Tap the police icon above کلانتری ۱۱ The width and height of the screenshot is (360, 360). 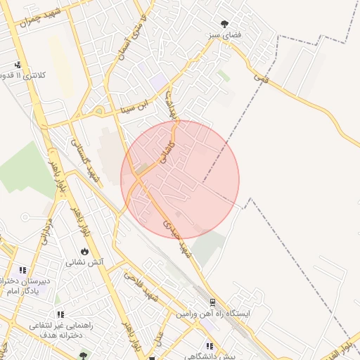(17, 64)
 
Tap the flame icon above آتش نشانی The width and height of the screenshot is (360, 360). (85, 251)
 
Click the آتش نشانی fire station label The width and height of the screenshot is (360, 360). (85, 262)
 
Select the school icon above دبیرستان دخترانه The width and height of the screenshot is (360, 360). (23, 269)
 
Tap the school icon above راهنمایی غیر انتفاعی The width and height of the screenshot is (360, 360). (61, 314)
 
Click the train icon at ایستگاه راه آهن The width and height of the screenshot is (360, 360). (212, 303)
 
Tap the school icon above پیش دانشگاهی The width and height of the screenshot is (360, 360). (210, 346)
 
